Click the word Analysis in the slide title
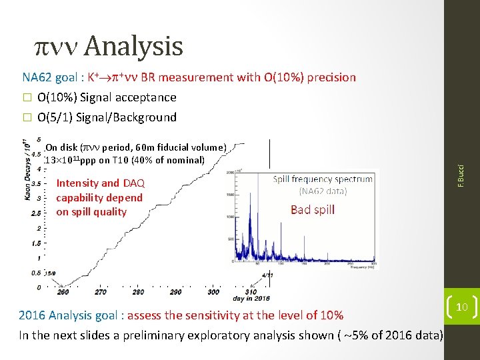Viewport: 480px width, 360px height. click(x=133, y=46)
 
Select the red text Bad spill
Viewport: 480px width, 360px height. click(x=312, y=210)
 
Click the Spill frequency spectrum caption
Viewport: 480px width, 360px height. click(x=323, y=179)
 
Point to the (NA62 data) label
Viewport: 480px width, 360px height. click(x=323, y=191)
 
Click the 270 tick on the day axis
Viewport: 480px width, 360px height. click(x=100, y=291)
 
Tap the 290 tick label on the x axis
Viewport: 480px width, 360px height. click(x=175, y=291)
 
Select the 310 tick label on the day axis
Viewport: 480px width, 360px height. click(x=251, y=291)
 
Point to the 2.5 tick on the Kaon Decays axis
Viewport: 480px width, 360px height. click(x=37, y=213)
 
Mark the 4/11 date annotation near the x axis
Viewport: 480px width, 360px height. click(x=267, y=275)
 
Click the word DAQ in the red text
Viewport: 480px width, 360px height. click(x=133, y=183)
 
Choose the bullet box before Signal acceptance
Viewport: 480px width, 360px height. click(x=27, y=98)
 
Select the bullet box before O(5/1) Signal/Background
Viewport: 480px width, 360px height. click(x=27, y=118)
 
